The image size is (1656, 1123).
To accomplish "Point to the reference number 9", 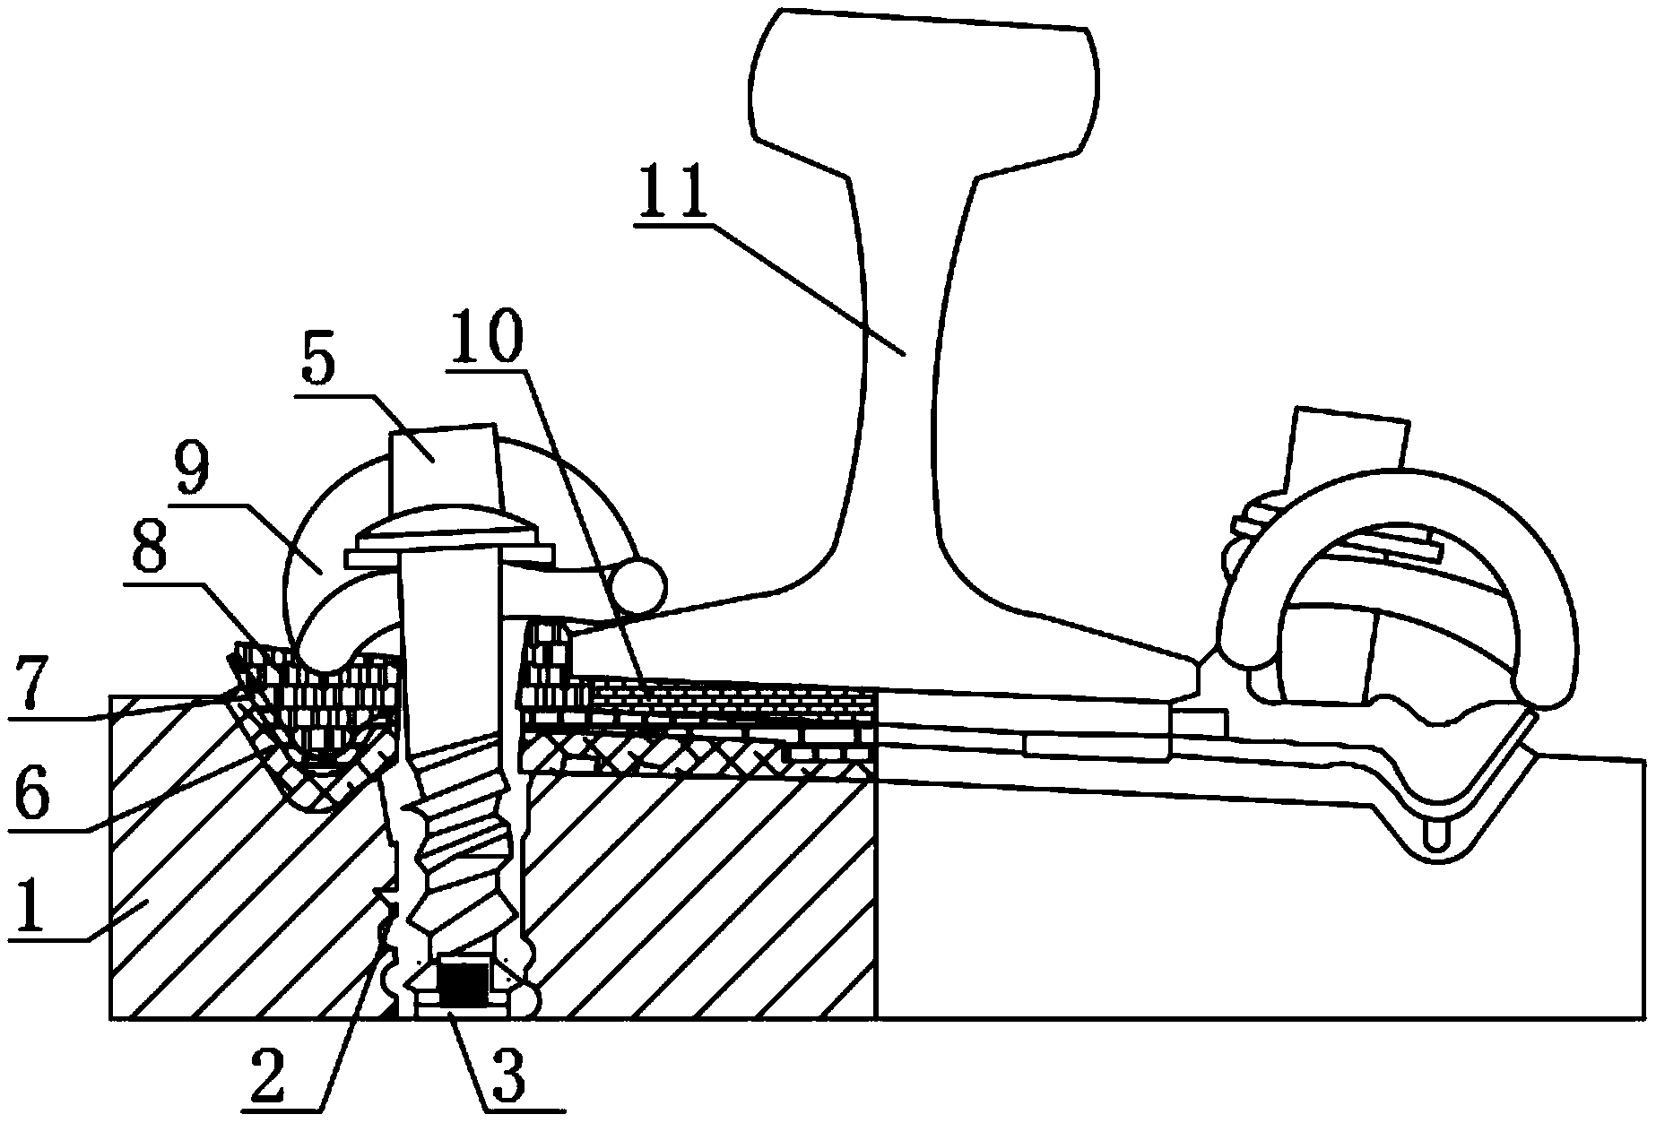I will pyautogui.click(x=194, y=472).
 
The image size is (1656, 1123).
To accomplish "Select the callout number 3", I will pyautogui.click(x=508, y=1079).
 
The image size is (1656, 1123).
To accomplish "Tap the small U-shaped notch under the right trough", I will pyautogui.click(x=1436, y=837).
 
